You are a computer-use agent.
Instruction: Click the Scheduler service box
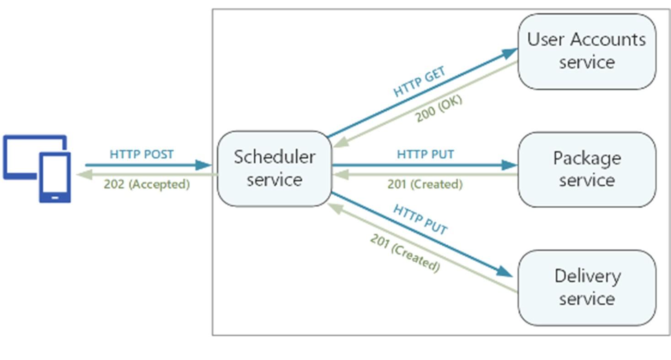tap(274, 169)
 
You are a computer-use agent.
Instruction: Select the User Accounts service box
tap(587, 52)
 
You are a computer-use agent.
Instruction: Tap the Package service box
tap(587, 170)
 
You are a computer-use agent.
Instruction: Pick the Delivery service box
tap(587, 288)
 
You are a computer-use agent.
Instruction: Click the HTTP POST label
tap(141, 155)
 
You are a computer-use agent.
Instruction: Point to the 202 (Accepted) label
tap(147, 184)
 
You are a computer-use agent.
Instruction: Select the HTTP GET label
tap(419, 81)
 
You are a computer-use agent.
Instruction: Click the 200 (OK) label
tap(439, 108)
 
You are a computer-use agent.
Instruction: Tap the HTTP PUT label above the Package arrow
tap(425, 155)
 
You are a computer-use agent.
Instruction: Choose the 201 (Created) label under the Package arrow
tap(425, 184)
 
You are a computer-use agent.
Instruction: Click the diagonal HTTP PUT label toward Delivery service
tap(420, 220)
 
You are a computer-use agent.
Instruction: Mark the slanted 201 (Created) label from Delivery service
tap(405, 253)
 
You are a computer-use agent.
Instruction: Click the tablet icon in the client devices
tap(55, 177)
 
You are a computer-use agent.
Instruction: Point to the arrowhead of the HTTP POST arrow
tap(204, 165)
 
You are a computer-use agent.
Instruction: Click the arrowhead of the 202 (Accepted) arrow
tap(85, 175)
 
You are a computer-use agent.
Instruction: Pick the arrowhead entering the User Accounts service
tap(510, 53)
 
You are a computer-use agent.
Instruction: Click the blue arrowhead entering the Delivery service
tap(505, 272)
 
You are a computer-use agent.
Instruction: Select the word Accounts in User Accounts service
tap(608, 40)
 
